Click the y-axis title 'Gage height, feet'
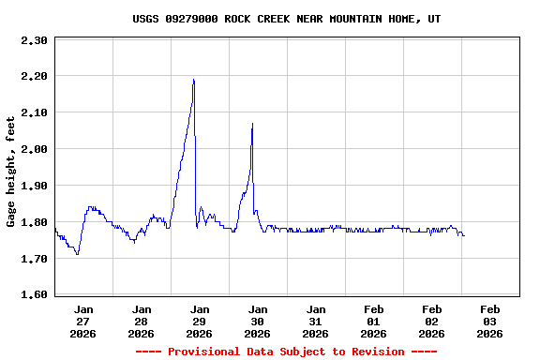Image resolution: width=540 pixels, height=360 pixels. tap(11, 172)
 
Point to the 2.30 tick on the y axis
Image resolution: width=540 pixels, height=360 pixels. tap(34, 40)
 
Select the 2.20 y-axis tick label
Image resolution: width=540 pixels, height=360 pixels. tap(34, 76)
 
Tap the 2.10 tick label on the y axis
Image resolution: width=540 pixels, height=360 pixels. tap(34, 112)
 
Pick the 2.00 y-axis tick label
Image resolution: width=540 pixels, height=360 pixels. tap(34, 149)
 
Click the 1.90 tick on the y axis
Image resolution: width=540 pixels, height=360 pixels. tap(34, 186)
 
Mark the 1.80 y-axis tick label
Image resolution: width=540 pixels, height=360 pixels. tap(34, 222)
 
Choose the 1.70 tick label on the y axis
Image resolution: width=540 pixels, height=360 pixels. tap(34, 259)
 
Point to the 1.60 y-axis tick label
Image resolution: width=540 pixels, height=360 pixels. tap(34, 295)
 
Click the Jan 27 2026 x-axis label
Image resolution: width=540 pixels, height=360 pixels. tap(83, 321)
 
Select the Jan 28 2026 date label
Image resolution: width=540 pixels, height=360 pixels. tap(142, 321)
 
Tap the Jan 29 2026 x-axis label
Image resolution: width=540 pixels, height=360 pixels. tap(200, 321)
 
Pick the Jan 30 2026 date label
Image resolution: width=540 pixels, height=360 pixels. tap(258, 321)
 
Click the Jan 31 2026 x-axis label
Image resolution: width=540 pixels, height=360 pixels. tap(316, 321)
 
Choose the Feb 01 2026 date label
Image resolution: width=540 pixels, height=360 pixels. tap(374, 321)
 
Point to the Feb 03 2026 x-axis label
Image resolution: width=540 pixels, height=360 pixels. tap(489, 321)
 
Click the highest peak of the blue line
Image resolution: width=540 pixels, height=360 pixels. tap(193, 80)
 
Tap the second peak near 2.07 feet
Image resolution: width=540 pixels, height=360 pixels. tap(252, 124)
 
